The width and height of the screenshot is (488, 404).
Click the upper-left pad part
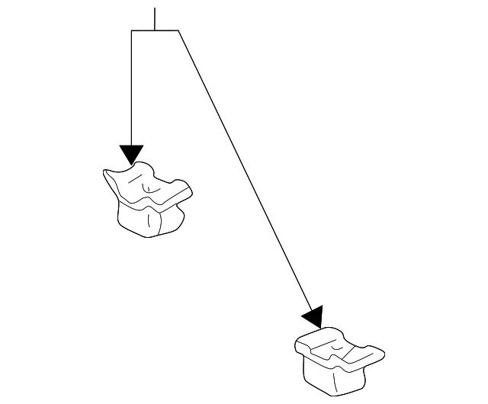(149, 200)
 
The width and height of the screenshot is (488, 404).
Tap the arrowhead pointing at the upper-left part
(132, 155)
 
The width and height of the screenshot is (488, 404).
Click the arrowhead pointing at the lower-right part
(313, 317)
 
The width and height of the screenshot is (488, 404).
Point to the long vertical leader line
(132, 91)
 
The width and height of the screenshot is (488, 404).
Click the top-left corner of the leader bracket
(132, 30)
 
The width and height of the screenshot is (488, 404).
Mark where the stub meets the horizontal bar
(155, 30)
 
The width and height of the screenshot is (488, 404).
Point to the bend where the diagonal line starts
(178, 30)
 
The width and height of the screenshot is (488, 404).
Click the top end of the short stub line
(155, 8)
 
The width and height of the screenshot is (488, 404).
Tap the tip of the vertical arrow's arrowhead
(132, 165)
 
